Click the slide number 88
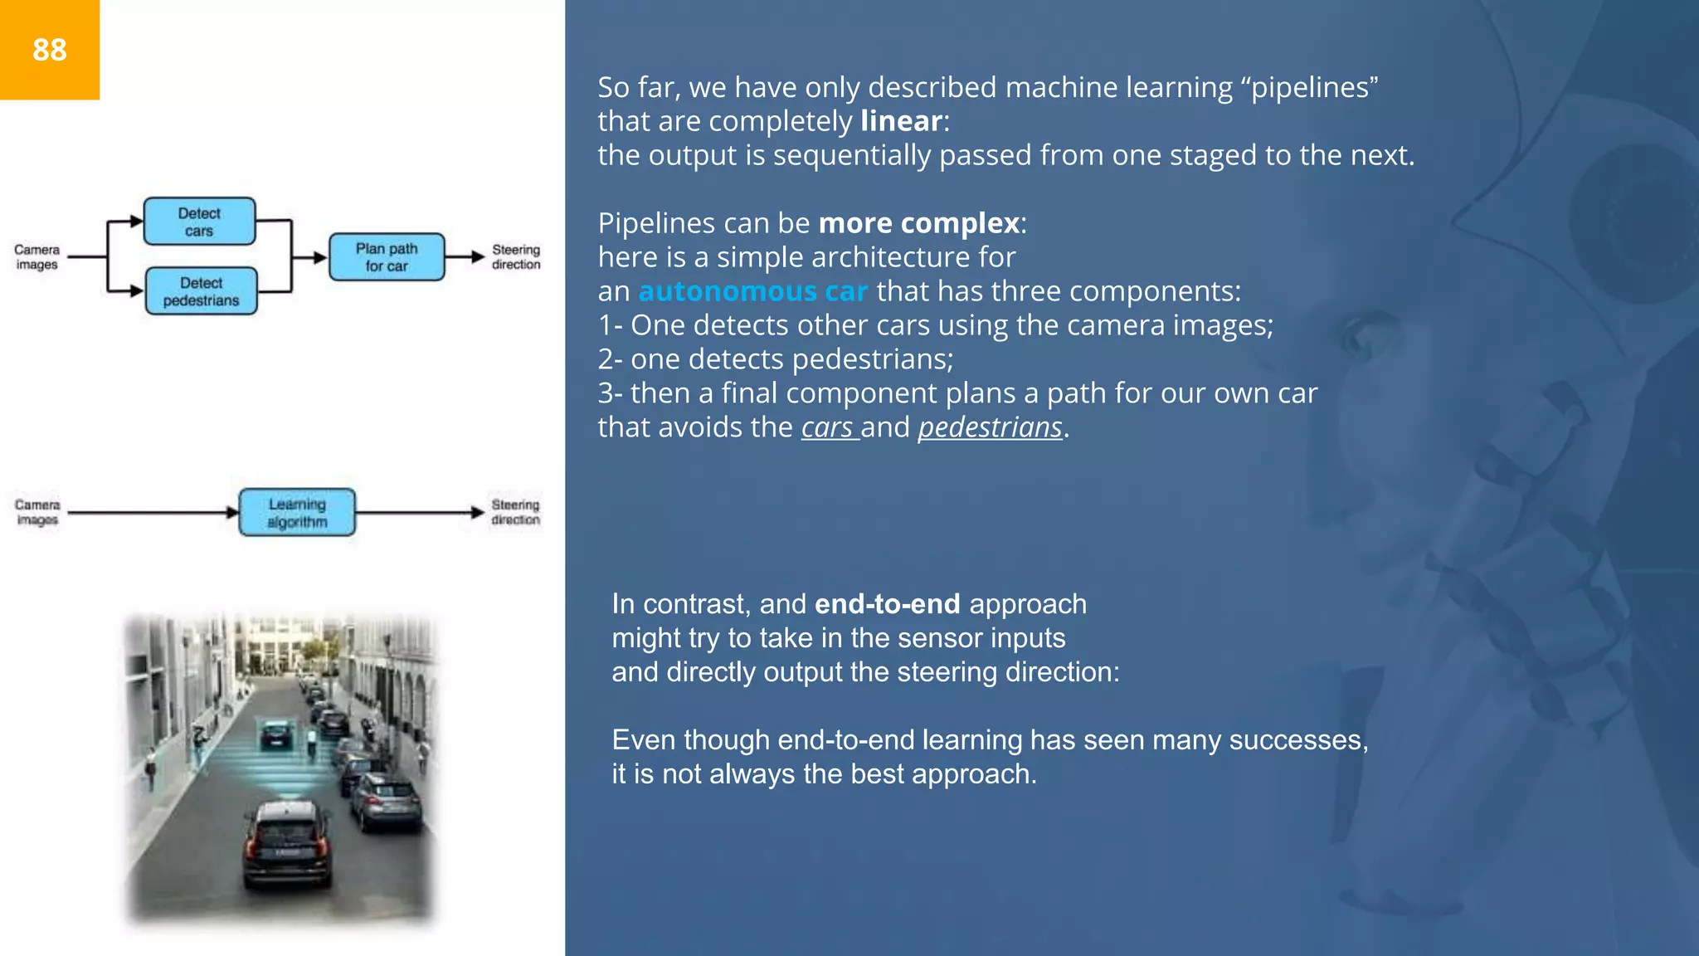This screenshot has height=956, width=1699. tap(50, 50)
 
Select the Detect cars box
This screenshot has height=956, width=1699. tap(199, 222)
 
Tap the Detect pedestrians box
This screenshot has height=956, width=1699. tap(201, 291)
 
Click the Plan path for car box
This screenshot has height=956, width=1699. tap(387, 257)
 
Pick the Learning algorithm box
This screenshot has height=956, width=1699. tap(297, 513)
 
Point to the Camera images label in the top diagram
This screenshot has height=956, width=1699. tap(37, 257)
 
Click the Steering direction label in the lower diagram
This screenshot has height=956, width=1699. tap(515, 512)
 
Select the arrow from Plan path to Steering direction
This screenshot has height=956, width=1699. tap(465, 257)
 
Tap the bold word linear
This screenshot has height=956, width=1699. tap(901, 121)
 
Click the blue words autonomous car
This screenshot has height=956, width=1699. tap(752, 291)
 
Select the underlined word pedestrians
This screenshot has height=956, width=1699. tap(990, 427)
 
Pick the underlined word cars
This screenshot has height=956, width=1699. tap(827, 427)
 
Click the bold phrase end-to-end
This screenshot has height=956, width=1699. tap(887, 604)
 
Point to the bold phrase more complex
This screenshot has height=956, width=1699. tap(918, 223)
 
